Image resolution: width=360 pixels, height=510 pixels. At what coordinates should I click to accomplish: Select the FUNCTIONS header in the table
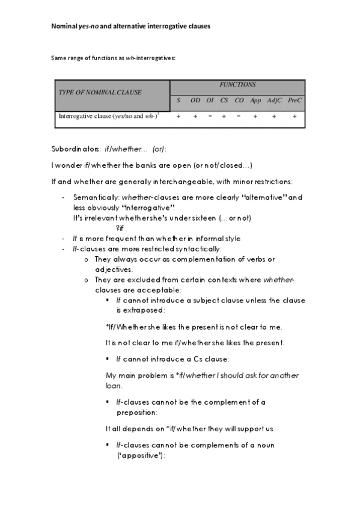coord(237,85)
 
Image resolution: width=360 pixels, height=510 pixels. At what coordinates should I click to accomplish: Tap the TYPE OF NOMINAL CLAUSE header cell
coord(100,92)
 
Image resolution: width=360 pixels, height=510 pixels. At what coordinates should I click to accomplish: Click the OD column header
coord(195,100)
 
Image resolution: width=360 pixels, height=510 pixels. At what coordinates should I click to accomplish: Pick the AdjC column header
coord(274,100)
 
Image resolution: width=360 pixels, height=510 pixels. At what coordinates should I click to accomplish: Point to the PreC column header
coord(294,100)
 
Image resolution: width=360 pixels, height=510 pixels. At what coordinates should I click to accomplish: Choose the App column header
coord(255,100)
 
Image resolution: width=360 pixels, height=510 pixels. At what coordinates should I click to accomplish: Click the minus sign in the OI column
coord(210,117)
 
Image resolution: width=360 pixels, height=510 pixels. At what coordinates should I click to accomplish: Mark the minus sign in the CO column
coord(239,117)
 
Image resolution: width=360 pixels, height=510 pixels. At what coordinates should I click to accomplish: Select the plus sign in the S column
coord(178,117)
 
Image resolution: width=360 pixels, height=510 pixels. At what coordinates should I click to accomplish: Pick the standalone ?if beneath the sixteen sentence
coord(120,227)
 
